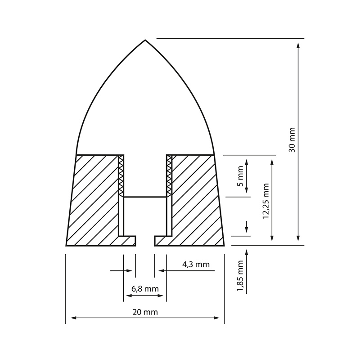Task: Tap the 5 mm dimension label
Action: pyautogui.click(x=240, y=176)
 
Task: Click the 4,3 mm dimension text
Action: pyautogui.click(x=196, y=265)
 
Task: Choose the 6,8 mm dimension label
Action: pyautogui.click(x=145, y=288)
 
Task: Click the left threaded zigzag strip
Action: pyautogui.click(x=121, y=175)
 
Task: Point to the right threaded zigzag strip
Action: pyautogui.click(x=169, y=175)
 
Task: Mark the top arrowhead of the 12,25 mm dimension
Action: pyautogui.click(x=271, y=161)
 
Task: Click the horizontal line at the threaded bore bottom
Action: pyautogui.click(x=145, y=197)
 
